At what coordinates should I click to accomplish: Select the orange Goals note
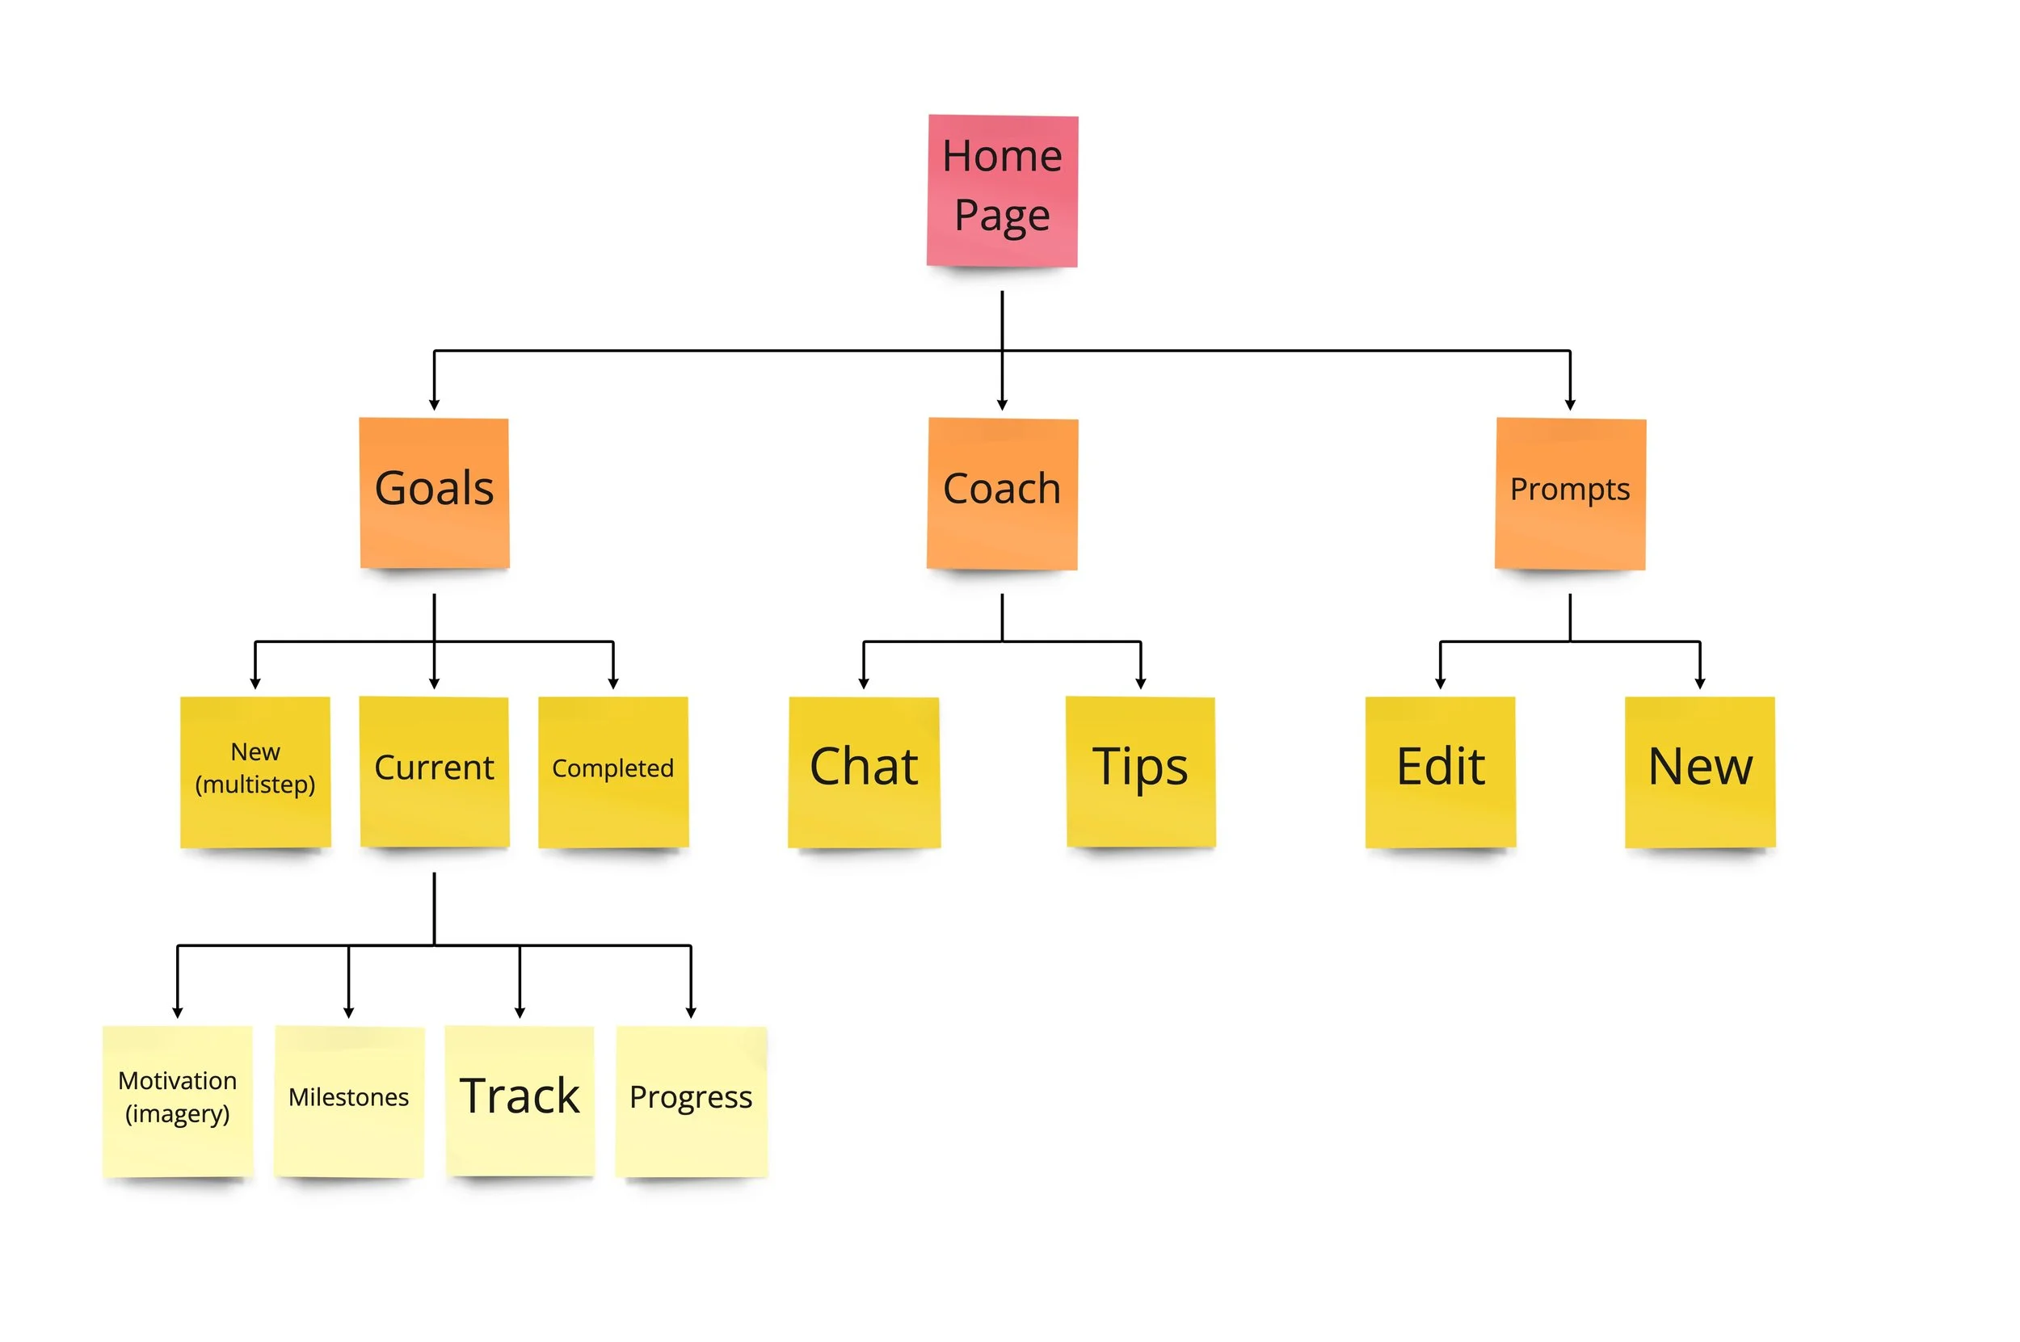434,492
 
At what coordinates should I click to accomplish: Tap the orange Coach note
1001,492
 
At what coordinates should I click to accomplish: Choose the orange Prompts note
1570,492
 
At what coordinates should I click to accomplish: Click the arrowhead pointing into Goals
434,404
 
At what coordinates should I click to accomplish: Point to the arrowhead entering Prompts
1570,404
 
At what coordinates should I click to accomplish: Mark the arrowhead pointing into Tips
1140,682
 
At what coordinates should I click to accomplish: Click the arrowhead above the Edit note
1440,682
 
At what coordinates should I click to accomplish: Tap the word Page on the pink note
1001,216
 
